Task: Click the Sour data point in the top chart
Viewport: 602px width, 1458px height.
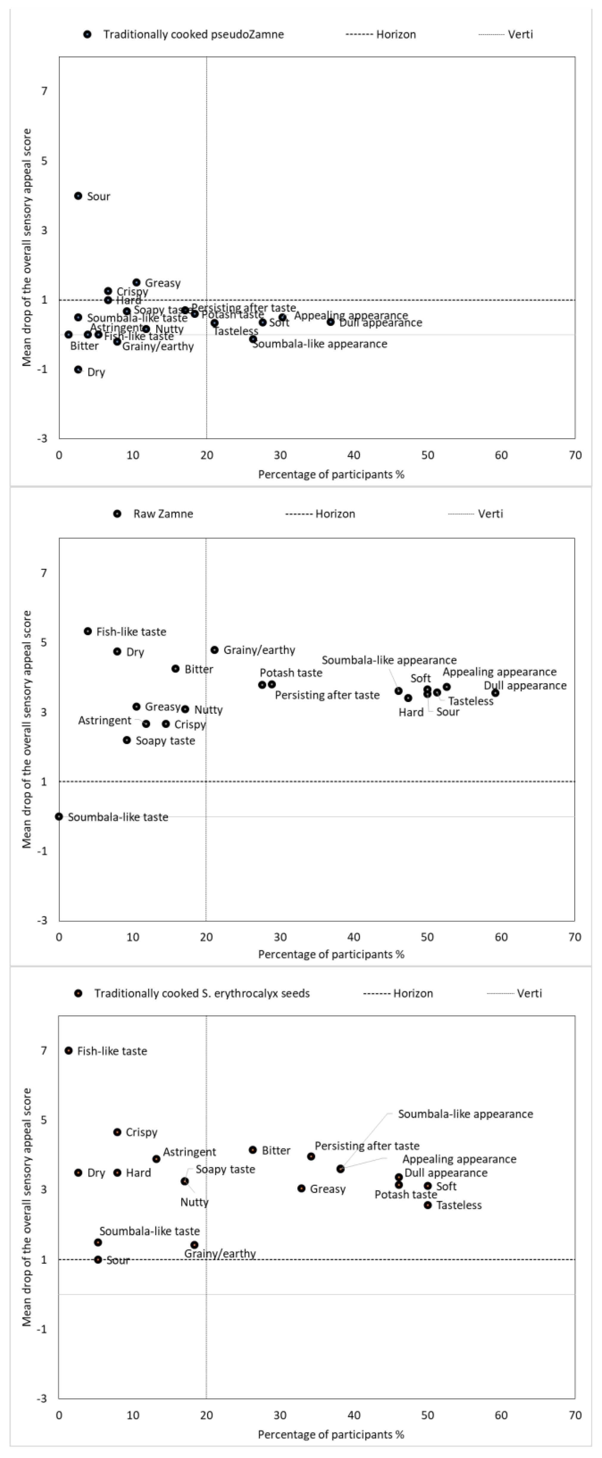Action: pyautogui.click(x=78, y=196)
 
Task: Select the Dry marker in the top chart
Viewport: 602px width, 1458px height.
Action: pyautogui.click(x=78, y=370)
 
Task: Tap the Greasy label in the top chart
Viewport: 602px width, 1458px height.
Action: pyautogui.click(x=162, y=283)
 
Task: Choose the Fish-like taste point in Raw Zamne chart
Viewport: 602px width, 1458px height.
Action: pyautogui.click(x=88, y=631)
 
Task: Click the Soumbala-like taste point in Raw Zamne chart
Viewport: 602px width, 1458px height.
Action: pyautogui.click(x=59, y=816)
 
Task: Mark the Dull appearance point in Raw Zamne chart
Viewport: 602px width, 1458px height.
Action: pyautogui.click(x=495, y=693)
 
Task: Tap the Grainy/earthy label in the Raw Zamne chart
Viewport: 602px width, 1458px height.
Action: pyautogui.click(x=259, y=650)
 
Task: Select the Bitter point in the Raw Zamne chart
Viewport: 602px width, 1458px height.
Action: pyautogui.click(x=176, y=668)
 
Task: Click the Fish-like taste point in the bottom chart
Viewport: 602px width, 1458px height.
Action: pyautogui.click(x=68, y=1050)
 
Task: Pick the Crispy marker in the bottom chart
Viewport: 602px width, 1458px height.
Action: pyautogui.click(x=117, y=1132)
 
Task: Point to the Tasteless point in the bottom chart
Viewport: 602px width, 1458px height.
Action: pyautogui.click(x=428, y=1205)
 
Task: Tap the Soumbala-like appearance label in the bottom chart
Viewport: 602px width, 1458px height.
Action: pyautogui.click(x=465, y=1114)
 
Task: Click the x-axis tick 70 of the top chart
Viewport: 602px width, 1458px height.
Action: pyautogui.click(x=575, y=455)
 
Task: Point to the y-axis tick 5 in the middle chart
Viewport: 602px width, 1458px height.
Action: pyautogui.click(x=44, y=642)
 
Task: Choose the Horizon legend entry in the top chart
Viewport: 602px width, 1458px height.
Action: pyautogui.click(x=395, y=34)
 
